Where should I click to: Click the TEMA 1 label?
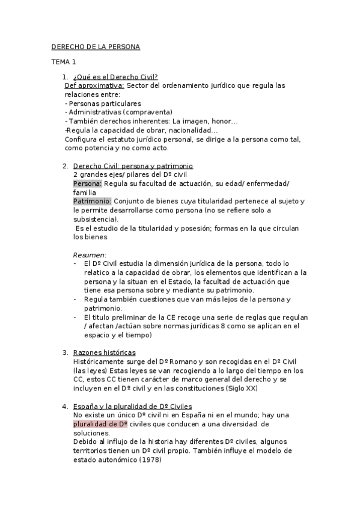coord(63,62)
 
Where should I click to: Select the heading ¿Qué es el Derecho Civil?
coord(115,78)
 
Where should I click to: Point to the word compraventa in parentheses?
coord(147,112)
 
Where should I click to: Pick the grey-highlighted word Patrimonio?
coord(92,200)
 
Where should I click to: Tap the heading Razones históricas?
coord(104,352)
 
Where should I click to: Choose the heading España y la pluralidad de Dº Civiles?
coord(132,407)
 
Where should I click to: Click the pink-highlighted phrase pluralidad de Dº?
coord(100,424)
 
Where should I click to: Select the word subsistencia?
coord(96,218)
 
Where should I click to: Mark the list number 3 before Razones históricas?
coord(65,352)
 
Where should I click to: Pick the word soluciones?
coord(91,433)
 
